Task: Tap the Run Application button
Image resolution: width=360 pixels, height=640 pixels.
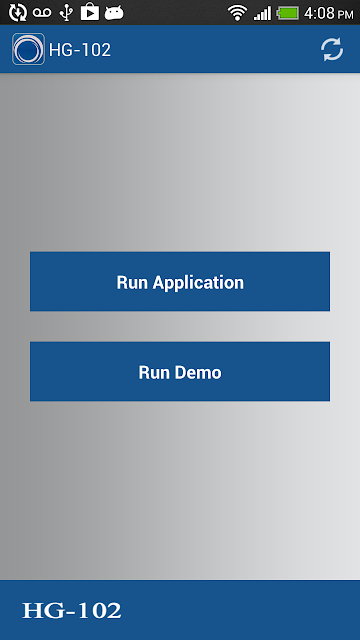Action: [180, 282]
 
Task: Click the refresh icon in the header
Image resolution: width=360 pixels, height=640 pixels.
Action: [332, 49]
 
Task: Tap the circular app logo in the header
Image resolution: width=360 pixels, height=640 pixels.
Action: [28, 49]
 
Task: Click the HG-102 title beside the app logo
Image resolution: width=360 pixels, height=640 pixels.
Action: [80, 50]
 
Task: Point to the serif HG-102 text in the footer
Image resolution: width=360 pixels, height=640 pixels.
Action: [72, 611]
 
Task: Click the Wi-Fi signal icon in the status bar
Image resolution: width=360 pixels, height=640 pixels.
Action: [238, 13]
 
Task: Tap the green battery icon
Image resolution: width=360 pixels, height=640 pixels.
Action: [288, 13]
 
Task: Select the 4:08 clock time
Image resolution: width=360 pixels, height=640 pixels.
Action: [319, 13]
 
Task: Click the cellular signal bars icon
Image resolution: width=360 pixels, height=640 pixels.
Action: [262, 13]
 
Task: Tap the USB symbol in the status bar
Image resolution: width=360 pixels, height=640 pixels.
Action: [66, 13]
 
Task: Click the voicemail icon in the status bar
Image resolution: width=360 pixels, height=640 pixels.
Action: [42, 13]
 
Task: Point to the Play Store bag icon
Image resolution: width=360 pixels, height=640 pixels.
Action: [90, 12]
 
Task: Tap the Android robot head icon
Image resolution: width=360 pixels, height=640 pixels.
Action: [114, 13]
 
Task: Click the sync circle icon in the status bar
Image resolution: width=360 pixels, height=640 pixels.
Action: [18, 13]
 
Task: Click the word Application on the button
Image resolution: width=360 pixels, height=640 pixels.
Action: [198, 282]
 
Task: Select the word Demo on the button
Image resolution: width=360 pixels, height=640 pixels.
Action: [198, 372]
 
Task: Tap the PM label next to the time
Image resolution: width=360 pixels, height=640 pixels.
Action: [345, 15]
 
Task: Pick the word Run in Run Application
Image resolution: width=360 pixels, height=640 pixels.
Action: [132, 282]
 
